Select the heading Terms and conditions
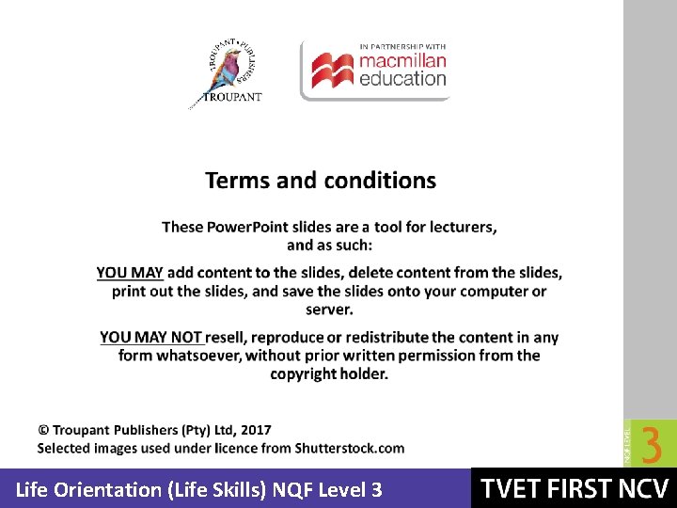[x=321, y=181]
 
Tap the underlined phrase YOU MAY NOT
[x=151, y=338]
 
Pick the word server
[x=328, y=309]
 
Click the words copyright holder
[x=329, y=373]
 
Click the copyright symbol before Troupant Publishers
[x=43, y=430]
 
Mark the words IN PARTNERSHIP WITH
[x=402, y=45]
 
